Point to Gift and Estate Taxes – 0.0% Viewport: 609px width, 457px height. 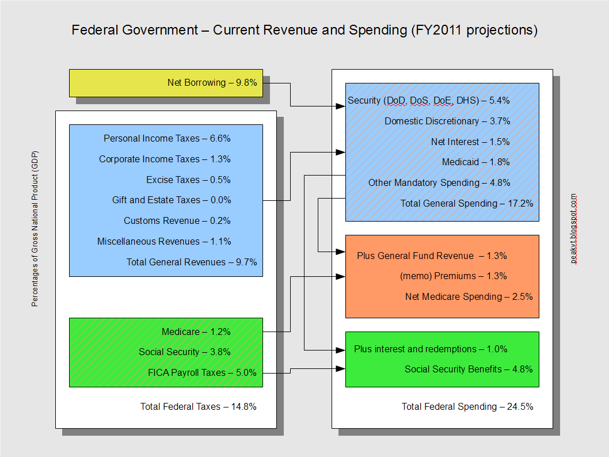click(172, 200)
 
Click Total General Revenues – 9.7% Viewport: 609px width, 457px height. click(192, 262)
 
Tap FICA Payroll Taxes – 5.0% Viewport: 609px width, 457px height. click(202, 373)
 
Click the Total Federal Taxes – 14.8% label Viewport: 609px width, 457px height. click(198, 406)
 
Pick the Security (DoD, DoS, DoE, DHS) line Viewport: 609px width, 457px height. click(428, 100)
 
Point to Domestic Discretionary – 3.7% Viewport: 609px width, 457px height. click(447, 121)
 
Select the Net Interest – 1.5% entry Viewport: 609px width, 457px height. click(470, 142)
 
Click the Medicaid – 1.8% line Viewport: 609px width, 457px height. click(475, 162)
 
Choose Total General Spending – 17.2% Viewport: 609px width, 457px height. click(467, 203)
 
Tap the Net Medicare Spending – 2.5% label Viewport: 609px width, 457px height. click(469, 297)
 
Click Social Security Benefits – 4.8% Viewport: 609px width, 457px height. click(469, 370)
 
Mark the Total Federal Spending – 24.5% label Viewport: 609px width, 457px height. click(467, 406)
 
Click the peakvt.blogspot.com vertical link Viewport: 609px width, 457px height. click(573, 228)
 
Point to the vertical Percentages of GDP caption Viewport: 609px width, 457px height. click(35, 228)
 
